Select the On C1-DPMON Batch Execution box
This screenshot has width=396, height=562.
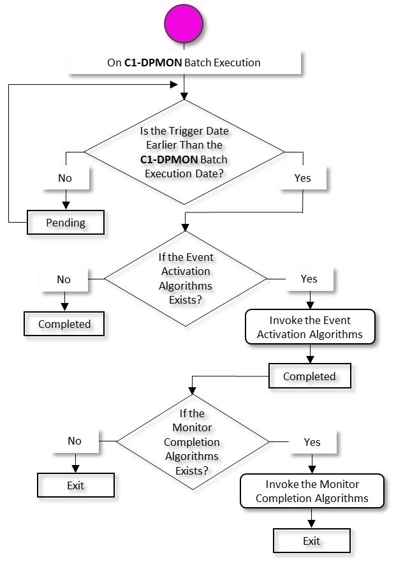(184, 63)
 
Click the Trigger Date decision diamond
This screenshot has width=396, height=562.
(184, 152)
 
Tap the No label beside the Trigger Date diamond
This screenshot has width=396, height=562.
(65, 178)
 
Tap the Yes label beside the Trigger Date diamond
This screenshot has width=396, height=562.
(303, 178)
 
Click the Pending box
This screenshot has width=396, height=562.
(66, 223)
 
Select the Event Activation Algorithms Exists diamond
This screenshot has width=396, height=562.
(185, 279)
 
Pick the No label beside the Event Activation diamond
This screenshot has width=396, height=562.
(64, 279)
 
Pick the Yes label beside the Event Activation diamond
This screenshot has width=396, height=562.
(309, 279)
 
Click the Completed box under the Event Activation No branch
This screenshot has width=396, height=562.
(64, 324)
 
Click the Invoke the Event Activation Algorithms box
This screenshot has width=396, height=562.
(309, 327)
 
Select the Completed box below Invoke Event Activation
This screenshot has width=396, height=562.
(309, 376)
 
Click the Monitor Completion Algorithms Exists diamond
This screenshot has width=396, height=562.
(192, 441)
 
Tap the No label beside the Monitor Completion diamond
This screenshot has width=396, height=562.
(75, 441)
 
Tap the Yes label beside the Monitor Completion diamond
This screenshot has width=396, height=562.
(312, 441)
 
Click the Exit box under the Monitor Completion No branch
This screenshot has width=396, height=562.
(76, 485)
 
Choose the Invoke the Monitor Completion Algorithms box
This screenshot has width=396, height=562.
(312, 491)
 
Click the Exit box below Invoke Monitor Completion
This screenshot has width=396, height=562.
(312, 541)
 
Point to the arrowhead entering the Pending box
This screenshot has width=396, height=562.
(65, 208)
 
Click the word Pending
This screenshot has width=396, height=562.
(66, 223)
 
